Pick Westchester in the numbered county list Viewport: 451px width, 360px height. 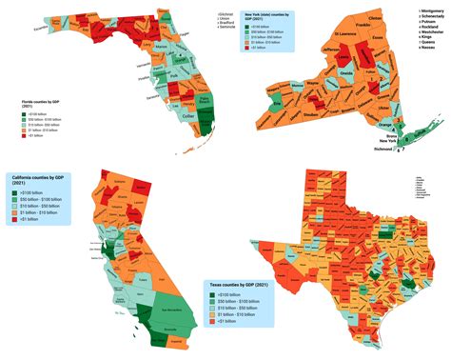[x=424, y=33]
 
